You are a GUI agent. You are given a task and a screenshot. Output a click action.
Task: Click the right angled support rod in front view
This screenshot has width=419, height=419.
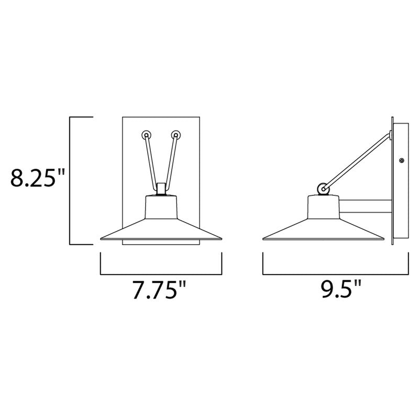coord(171,160)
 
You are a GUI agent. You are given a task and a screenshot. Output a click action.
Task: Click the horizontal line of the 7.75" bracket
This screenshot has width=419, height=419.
coord(161,274)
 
